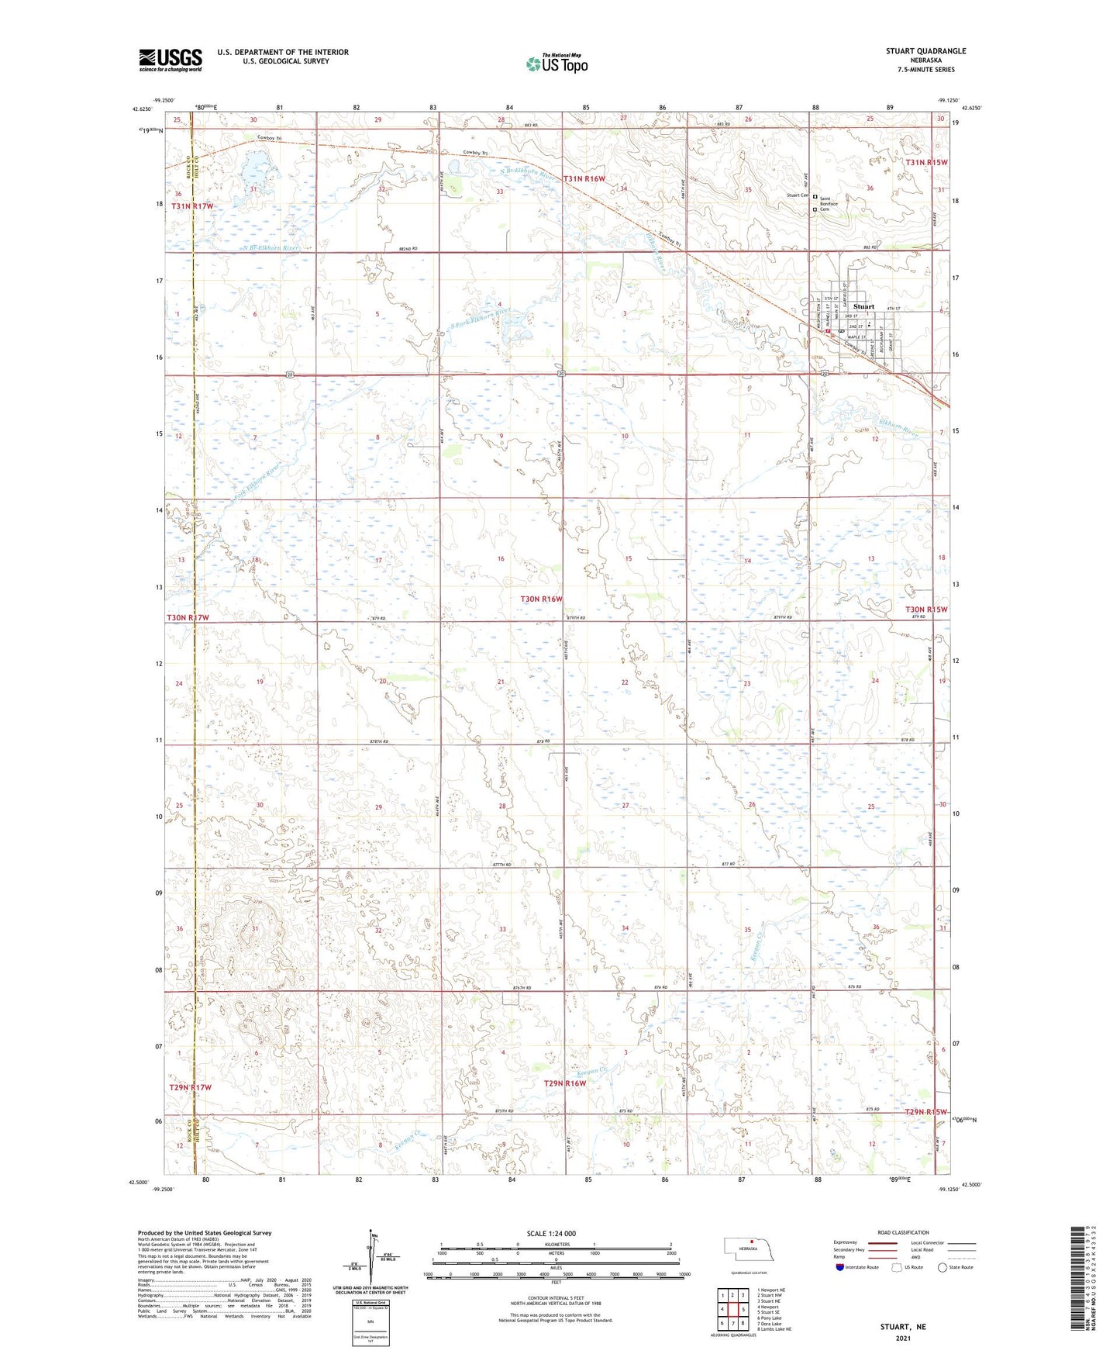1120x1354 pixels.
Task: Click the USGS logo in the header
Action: point(171,60)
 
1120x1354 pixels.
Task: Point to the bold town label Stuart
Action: point(863,306)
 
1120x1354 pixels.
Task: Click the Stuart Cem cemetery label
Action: point(798,195)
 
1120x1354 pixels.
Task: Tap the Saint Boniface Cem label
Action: point(829,204)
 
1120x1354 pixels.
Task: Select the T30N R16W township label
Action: point(541,599)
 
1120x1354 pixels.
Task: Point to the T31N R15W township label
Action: point(926,162)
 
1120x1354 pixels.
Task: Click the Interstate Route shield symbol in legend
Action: point(840,1267)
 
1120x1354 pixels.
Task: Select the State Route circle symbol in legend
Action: point(943,1267)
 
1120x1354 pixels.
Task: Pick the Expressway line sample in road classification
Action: point(882,1242)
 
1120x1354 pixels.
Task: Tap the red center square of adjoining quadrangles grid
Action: point(732,1309)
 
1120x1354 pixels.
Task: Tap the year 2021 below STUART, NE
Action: point(903,1338)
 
